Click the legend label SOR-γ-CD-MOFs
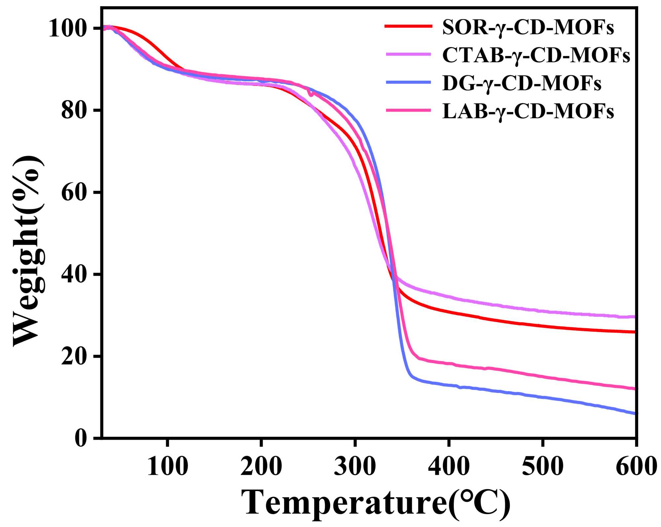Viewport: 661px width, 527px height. (528, 27)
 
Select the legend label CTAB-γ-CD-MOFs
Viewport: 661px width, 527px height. (536, 55)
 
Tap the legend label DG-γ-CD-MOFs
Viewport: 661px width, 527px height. (522, 83)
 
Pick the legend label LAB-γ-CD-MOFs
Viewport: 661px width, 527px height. (528, 111)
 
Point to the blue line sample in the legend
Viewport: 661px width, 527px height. (408, 82)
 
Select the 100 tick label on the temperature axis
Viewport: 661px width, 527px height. (168, 467)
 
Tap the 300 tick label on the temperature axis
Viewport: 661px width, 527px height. (355, 467)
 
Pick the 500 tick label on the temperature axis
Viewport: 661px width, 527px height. (542, 467)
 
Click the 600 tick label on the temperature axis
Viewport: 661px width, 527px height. (635, 467)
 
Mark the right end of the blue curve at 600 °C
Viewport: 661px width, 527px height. (635, 413)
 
